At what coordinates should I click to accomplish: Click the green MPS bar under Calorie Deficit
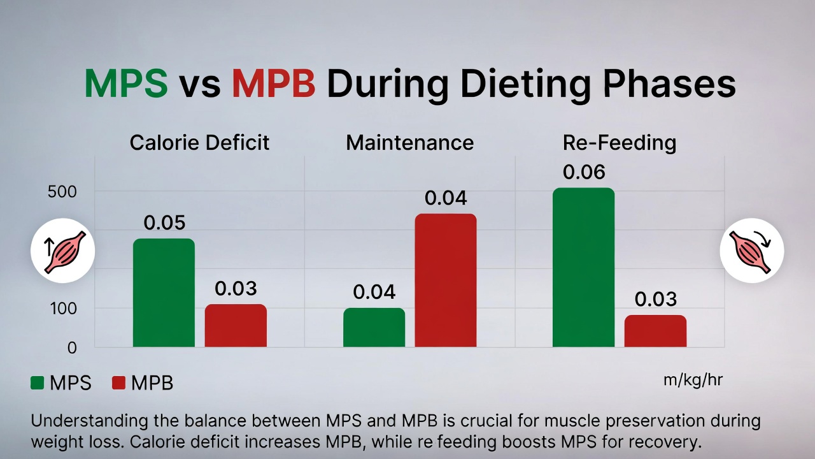coord(164,293)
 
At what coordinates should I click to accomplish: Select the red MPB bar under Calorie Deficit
coord(236,326)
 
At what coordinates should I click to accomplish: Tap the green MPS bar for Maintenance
coord(374,328)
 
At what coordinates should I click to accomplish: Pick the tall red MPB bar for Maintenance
coord(446,280)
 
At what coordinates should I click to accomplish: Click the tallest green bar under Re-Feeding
coord(583,268)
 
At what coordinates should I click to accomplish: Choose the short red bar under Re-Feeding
coord(655,331)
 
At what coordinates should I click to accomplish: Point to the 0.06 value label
coord(584,172)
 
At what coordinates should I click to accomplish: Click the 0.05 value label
coord(164,223)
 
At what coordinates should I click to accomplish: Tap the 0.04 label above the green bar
coord(374,292)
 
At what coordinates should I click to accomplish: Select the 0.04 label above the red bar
coord(446,198)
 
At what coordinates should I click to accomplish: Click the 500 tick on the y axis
coord(62,192)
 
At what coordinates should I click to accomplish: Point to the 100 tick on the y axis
coord(62,309)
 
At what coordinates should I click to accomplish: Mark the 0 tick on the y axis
coord(71,348)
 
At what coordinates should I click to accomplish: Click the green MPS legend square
coord(38,382)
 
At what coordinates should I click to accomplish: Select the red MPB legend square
coord(118,382)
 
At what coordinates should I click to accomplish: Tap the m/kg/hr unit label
coord(693,380)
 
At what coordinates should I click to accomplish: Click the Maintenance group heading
coord(409,142)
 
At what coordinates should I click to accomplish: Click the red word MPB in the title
coord(273,84)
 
